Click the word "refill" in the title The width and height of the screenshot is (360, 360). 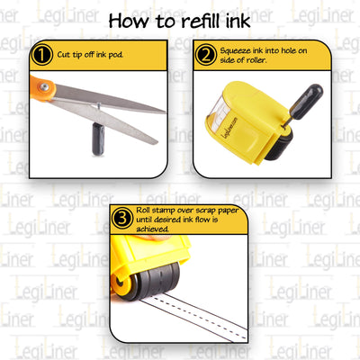(x=199, y=20)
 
